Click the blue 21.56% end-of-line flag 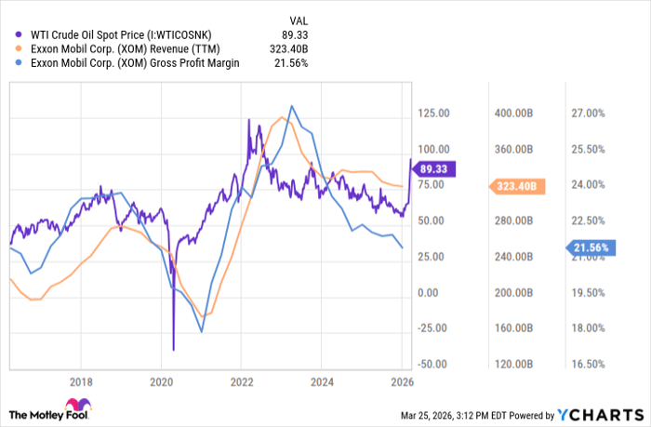[x=592, y=248]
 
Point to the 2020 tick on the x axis [x=162, y=381]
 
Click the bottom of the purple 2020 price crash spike [x=174, y=351]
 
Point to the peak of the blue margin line [x=292, y=106]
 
